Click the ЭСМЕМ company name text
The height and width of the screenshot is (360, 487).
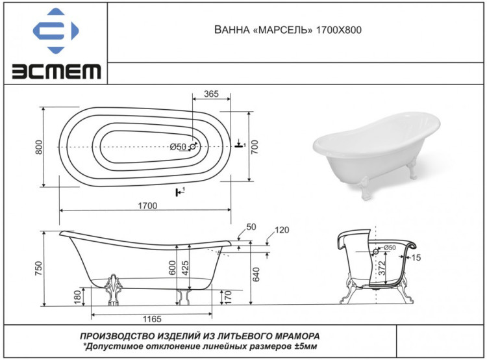[x=55, y=70]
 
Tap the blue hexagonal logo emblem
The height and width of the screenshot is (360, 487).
[x=55, y=31]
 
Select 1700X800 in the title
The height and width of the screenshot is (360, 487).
[x=338, y=31]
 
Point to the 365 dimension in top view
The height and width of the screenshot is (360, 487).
[x=210, y=94]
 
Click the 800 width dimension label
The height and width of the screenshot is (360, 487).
[x=38, y=148]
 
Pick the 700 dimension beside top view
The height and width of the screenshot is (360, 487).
[x=255, y=147]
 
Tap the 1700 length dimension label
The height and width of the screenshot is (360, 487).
[x=147, y=205]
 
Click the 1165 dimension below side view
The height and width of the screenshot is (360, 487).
[x=150, y=320]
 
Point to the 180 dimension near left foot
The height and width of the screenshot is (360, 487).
[x=79, y=296]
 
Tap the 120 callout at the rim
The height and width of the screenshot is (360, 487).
[x=281, y=230]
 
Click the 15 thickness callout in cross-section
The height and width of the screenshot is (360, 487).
[x=416, y=258]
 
